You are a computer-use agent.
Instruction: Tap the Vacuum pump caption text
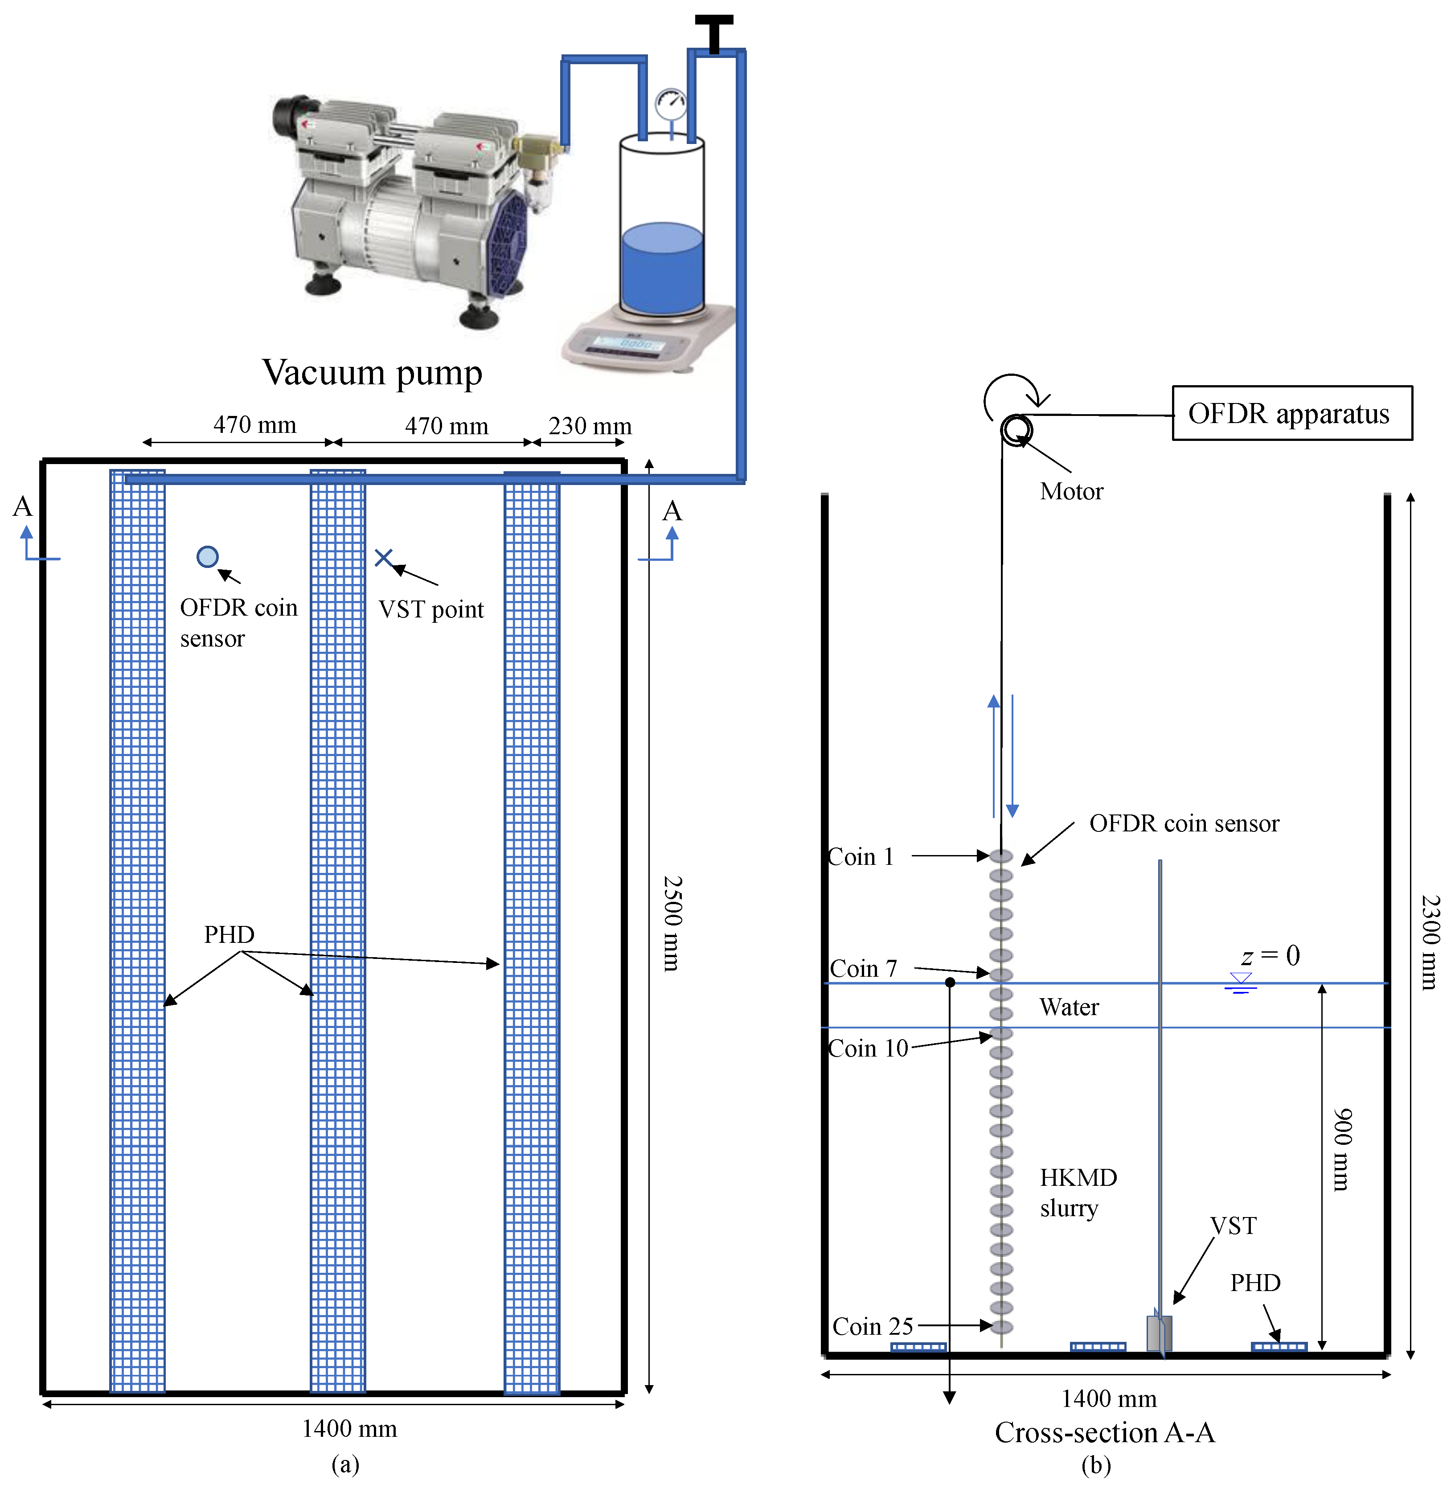point(372,372)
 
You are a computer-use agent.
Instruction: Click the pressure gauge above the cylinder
point(671,104)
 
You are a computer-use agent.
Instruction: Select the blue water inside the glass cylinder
point(662,267)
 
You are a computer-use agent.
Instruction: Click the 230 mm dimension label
point(590,426)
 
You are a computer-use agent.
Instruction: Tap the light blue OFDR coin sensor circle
point(207,557)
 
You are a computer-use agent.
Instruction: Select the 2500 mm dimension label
point(672,924)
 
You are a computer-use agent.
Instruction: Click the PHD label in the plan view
point(229,934)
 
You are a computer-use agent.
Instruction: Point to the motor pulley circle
point(1016,430)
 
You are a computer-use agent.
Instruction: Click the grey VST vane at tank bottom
point(1159,1332)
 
